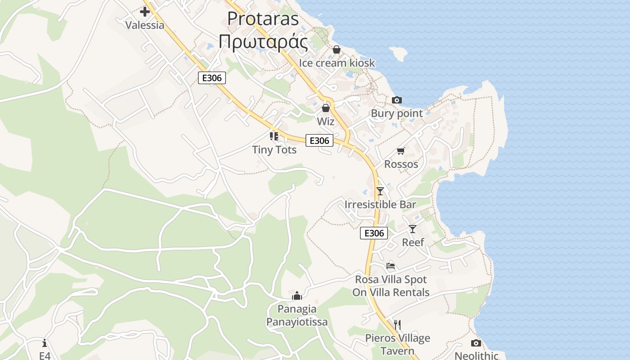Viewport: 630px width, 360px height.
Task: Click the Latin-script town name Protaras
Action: pos(263,18)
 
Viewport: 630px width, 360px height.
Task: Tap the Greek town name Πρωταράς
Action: pos(263,42)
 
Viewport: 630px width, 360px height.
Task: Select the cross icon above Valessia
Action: pos(144,11)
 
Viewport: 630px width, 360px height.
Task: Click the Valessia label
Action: pos(144,25)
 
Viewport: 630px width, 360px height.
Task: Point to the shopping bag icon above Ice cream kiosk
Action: pos(336,49)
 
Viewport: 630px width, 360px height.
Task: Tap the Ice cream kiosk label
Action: pos(337,63)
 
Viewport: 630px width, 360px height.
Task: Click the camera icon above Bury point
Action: pos(396,100)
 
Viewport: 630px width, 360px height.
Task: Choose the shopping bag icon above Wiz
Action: pos(325,108)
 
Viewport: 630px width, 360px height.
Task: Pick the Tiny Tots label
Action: pos(274,149)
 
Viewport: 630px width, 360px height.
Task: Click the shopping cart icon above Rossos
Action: pos(400,151)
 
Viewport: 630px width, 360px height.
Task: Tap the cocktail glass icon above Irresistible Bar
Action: pos(380,191)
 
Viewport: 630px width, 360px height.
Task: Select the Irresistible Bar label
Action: pos(380,204)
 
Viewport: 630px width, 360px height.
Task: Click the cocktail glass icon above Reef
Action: pos(413,229)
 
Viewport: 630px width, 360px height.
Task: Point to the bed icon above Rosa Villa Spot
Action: pos(390,266)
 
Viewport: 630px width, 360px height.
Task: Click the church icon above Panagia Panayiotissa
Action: pos(297,296)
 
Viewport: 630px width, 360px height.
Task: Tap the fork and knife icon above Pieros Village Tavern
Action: pos(397,324)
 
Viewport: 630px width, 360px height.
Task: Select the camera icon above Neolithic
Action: pos(476,343)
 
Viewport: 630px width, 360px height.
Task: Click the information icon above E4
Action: pos(44,343)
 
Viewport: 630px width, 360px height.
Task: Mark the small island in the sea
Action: pos(398,54)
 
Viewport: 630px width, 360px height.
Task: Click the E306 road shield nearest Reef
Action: pos(374,233)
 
